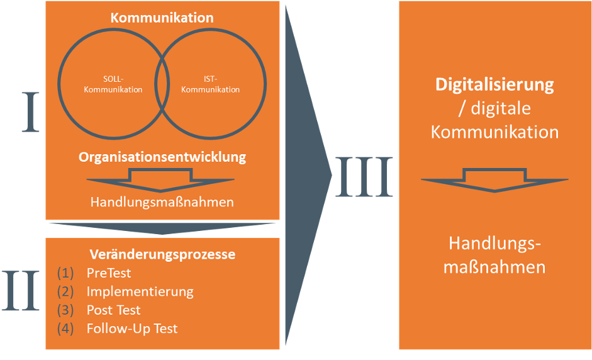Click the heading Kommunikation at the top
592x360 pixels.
click(x=162, y=18)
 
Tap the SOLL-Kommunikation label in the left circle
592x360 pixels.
click(x=114, y=84)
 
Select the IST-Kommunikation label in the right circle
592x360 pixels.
click(x=210, y=84)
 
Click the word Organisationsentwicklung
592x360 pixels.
click(x=162, y=157)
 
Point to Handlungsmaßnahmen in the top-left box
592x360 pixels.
click(x=162, y=203)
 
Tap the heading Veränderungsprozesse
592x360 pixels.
click(x=162, y=255)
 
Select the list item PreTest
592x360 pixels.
click(x=109, y=273)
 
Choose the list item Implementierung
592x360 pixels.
click(x=140, y=291)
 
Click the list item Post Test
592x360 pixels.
click(x=113, y=310)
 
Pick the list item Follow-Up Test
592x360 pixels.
click(x=132, y=328)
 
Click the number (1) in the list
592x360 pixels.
click(x=65, y=273)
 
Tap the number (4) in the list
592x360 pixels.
click(x=65, y=328)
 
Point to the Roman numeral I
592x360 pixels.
click(x=31, y=112)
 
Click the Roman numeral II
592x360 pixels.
click(x=21, y=290)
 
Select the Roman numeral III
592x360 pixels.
click(x=363, y=177)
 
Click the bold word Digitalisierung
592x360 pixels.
click(x=494, y=84)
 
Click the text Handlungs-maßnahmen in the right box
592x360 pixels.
click(x=494, y=255)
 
